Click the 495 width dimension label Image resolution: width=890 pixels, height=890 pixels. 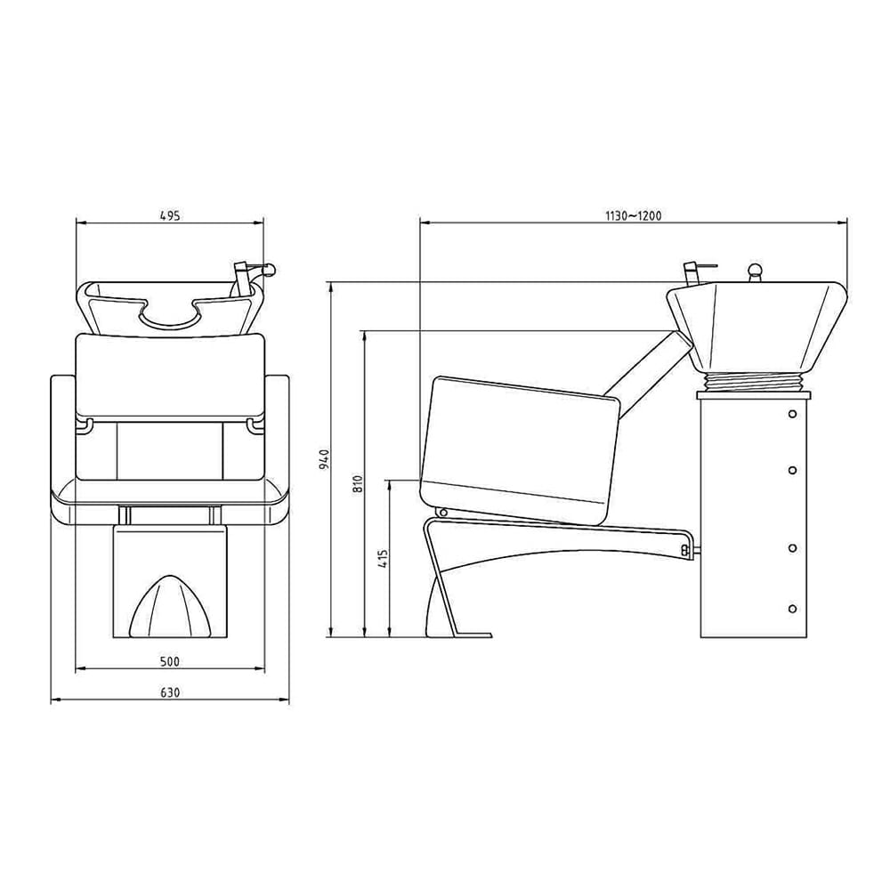(170, 214)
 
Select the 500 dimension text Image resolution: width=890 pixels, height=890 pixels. (170, 661)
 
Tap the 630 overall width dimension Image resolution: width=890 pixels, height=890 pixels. (170, 692)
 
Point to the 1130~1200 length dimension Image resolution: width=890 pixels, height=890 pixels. (633, 214)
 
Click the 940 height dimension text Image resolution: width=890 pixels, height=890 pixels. (326, 459)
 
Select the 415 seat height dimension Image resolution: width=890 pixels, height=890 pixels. (383, 559)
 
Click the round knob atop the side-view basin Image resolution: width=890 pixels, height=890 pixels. (756, 271)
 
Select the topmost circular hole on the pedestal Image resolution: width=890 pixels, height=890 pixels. (792, 414)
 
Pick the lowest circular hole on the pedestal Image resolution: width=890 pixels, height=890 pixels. (792, 609)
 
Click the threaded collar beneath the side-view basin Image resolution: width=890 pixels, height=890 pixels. (755, 383)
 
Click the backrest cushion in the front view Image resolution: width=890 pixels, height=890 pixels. (170, 374)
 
